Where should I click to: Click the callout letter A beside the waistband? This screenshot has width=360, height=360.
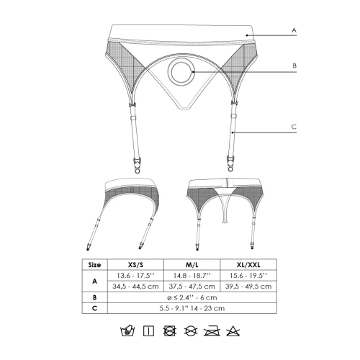[294, 30]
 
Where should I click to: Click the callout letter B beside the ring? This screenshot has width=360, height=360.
[294, 66]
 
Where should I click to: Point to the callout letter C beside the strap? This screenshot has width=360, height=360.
[294, 127]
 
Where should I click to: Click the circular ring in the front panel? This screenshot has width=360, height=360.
[181, 71]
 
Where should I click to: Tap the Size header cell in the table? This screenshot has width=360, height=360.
[94, 265]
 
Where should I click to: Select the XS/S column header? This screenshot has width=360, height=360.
[135, 265]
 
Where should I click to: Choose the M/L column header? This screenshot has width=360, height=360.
[192, 265]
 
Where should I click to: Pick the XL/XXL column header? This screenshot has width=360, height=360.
[248, 265]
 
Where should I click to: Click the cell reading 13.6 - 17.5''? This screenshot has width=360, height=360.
[135, 276]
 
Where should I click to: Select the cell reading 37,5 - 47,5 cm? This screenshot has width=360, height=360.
[192, 287]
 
